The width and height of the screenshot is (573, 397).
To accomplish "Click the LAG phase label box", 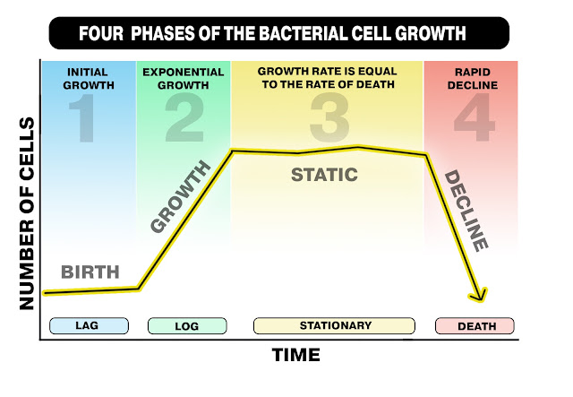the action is pyautogui.click(x=89, y=325).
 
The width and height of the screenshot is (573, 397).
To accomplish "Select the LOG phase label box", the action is pyautogui.click(x=187, y=325).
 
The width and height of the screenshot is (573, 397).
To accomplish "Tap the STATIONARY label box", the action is pyautogui.click(x=334, y=325).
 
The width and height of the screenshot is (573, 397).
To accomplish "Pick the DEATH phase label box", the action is pyautogui.click(x=475, y=325).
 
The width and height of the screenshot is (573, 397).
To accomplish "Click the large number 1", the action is pyautogui.click(x=84, y=117).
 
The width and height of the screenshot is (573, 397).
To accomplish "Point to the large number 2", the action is pyautogui.click(x=184, y=117).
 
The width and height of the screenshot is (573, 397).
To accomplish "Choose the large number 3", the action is pyautogui.click(x=329, y=117).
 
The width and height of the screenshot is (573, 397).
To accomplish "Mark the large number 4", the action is pyautogui.click(x=475, y=117).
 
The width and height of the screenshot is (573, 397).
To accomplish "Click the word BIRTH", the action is pyautogui.click(x=90, y=272).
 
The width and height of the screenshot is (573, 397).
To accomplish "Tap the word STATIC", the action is pyautogui.click(x=324, y=175).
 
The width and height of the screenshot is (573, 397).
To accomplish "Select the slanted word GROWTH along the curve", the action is pyautogui.click(x=181, y=196).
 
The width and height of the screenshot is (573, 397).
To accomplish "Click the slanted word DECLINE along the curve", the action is pyautogui.click(x=466, y=211).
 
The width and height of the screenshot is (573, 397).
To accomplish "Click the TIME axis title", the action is pyautogui.click(x=296, y=355).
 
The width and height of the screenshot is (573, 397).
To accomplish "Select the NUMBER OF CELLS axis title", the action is pyautogui.click(x=27, y=213).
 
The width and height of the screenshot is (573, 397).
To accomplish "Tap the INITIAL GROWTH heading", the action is pyautogui.click(x=89, y=78).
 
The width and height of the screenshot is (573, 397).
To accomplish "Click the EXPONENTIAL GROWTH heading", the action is pyautogui.click(x=183, y=78).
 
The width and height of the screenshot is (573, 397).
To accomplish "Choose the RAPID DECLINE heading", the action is pyautogui.click(x=473, y=78).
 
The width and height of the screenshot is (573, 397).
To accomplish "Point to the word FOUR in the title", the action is pyautogui.click(x=101, y=33).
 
